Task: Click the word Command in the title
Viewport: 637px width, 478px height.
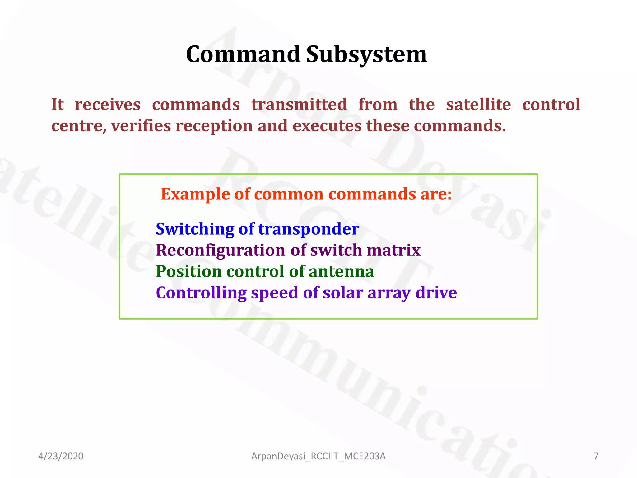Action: click(x=243, y=54)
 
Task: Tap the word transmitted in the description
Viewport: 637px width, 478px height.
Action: click(x=299, y=105)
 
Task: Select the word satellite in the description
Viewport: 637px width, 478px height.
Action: click(x=478, y=105)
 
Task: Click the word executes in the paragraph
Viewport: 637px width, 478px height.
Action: click(x=327, y=126)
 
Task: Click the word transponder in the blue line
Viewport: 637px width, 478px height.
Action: click(x=309, y=229)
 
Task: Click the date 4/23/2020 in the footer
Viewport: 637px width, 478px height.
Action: click(x=61, y=456)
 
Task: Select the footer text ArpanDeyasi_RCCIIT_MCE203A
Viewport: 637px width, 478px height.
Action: click(x=318, y=456)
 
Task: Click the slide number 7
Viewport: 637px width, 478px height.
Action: click(x=596, y=456)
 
